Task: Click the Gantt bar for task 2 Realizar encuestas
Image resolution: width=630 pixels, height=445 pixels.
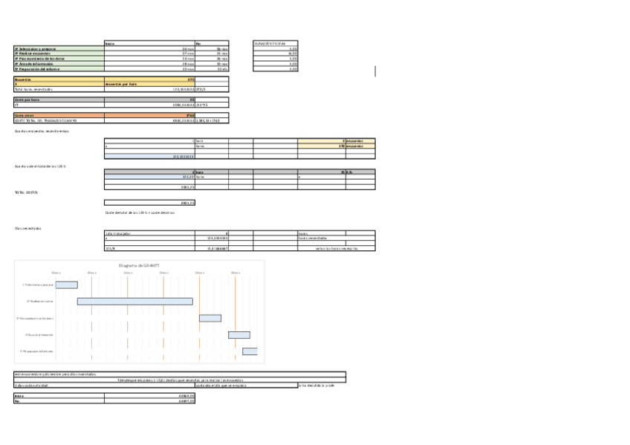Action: coord(134,301)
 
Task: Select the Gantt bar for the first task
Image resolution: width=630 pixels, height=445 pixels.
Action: coord(66,285)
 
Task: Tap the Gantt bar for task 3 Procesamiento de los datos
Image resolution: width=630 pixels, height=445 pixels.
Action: coord(210,318)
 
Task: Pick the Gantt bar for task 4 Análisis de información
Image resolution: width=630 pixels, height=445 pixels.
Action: coord(238,335)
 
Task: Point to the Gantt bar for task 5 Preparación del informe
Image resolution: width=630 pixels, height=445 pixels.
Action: coord(250,351)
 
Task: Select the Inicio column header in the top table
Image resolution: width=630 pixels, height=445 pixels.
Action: coord(110,43)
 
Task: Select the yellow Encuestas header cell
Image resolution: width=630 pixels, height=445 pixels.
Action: coord(22,79)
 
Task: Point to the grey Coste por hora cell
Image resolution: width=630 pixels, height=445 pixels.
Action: coord(27,99)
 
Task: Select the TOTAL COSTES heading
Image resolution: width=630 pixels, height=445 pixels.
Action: coord(26,192)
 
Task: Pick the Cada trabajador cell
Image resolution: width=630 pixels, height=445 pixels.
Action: coord(118,233)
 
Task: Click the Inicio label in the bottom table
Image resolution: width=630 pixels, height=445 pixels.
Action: coord(19,396)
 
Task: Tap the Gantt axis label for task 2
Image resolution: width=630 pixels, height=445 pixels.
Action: coord(40,301)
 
